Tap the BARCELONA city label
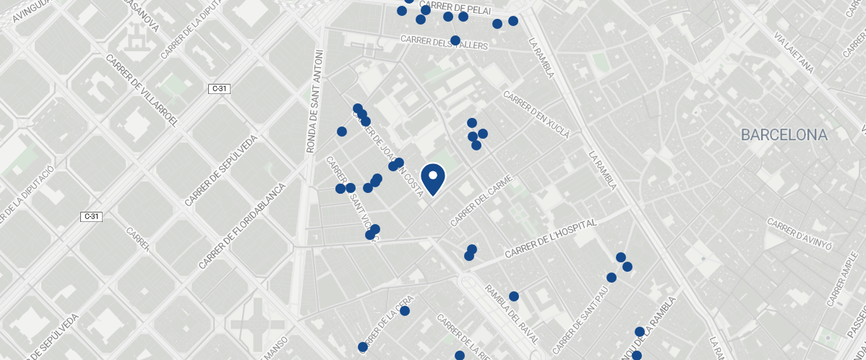(x=784, y=135)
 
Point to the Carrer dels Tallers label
(x=443, y=43)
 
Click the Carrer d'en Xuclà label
(x=536, y=113)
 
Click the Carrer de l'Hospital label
(x=551, y=239)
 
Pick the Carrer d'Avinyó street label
(x=799, y=233)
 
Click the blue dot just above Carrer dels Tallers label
(x=455, y=40)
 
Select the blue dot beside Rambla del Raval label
(x=514, y=296)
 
